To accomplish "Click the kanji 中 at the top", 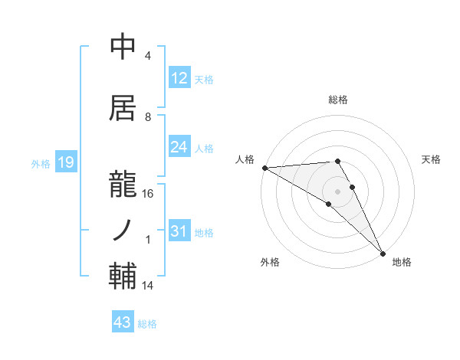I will coord(123,47).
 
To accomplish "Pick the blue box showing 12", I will coord(179,78).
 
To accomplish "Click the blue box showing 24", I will coord(179,147).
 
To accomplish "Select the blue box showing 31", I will coord(179,232).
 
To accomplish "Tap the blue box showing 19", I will coord(64,162).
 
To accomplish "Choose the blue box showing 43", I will coord(123,323).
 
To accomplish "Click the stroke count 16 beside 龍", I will coord(148,194).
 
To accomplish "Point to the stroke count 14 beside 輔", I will coord(148,286).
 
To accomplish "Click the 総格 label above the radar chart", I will coord(337,100).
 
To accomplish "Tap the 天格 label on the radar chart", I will coord(431,159).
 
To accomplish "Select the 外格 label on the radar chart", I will coord(270,262).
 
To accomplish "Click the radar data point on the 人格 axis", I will coord(264,168).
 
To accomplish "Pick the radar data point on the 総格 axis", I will coord(337,161).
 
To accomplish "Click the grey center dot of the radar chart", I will coord(337,190).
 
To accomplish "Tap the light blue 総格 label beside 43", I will coord(147,324).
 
